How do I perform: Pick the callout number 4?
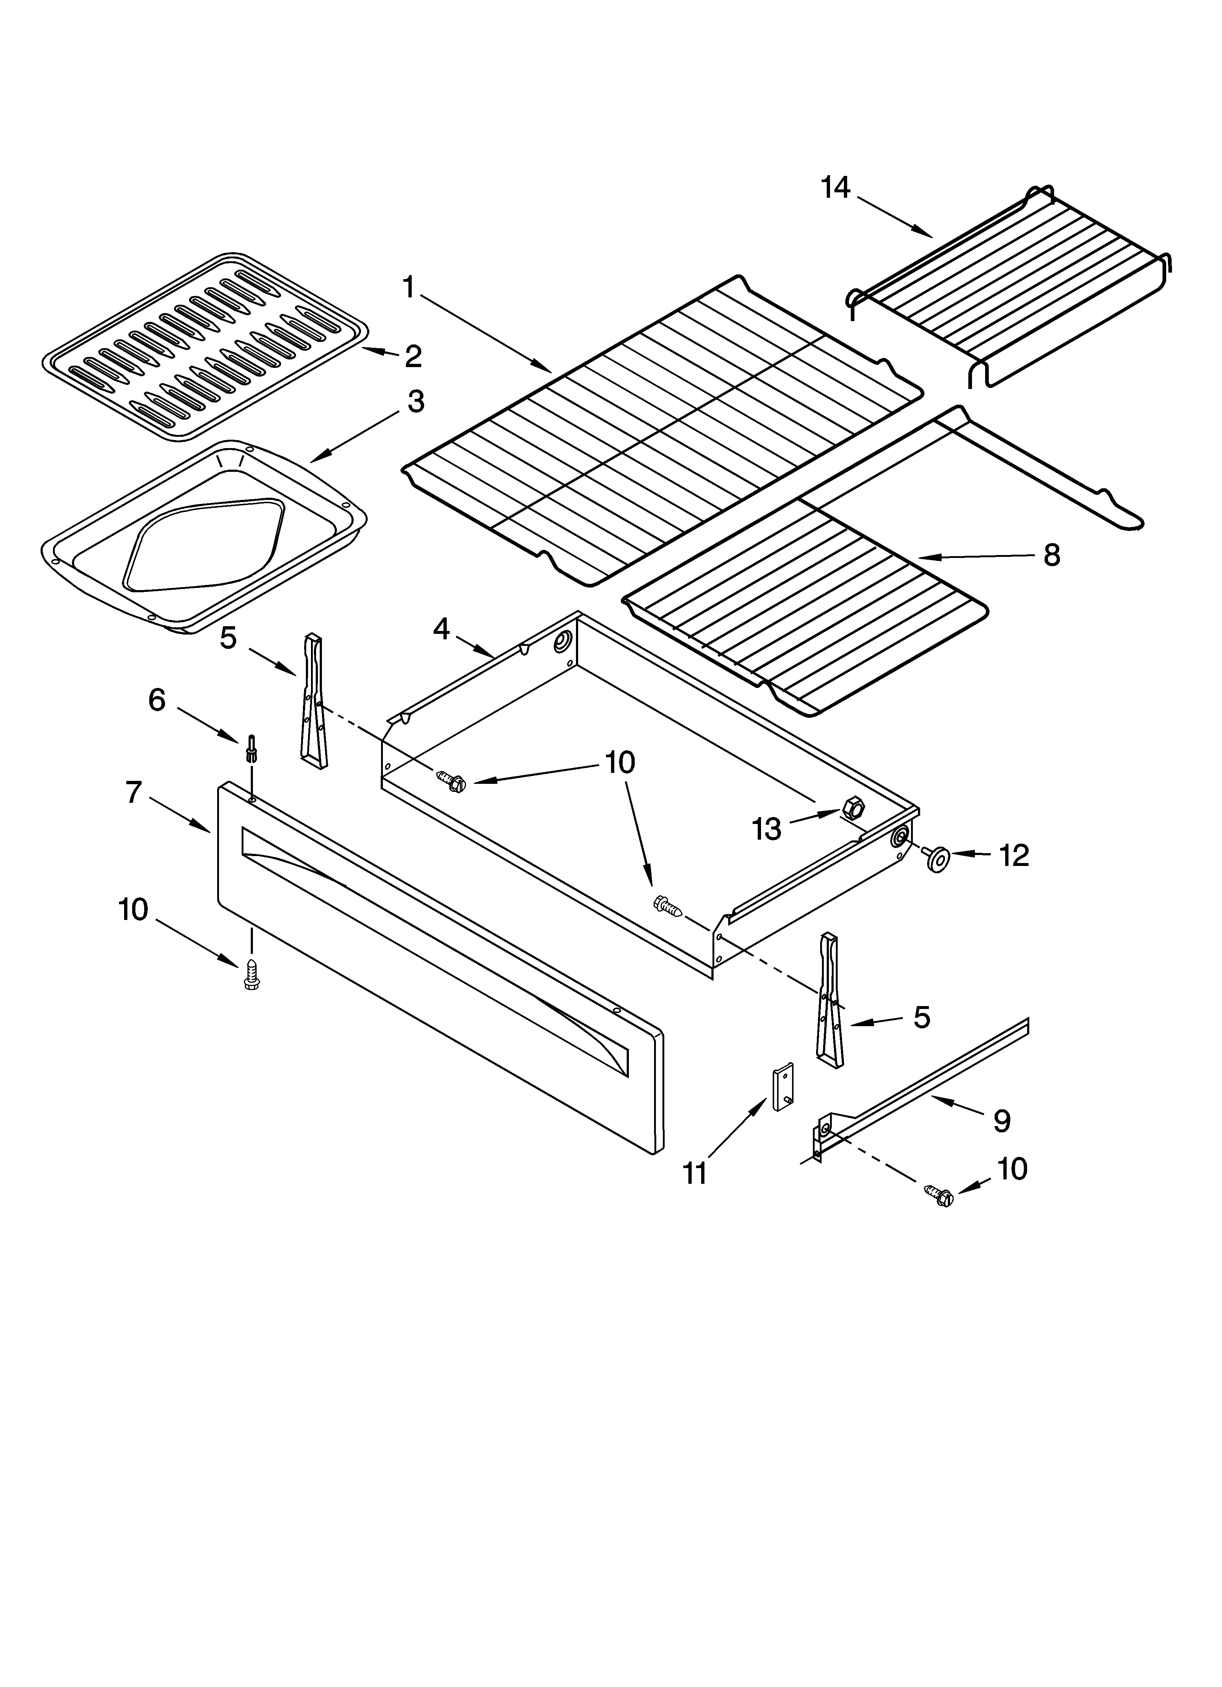pyautogui.click(x=441, y=629)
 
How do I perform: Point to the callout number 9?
pyautogui.click(x=1002, y=1120)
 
